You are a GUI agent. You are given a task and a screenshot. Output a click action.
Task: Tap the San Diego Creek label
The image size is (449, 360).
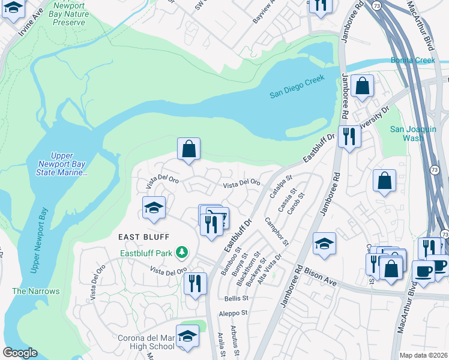(297, 86)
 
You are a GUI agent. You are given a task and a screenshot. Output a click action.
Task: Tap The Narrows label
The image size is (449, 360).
(36, 291)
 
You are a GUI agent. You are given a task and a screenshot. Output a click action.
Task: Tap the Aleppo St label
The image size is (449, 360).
(234, 313)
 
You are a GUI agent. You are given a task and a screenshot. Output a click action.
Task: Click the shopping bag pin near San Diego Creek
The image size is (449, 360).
(363, 86)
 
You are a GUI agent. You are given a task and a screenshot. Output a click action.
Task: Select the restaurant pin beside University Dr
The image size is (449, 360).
(347, 137)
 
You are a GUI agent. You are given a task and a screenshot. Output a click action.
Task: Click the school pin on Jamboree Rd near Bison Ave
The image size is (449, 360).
(324, 244)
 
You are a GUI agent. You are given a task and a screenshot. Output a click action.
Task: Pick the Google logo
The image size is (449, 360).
(20, 353)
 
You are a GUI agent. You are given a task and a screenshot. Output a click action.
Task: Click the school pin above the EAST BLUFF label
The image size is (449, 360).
(154, 208)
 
